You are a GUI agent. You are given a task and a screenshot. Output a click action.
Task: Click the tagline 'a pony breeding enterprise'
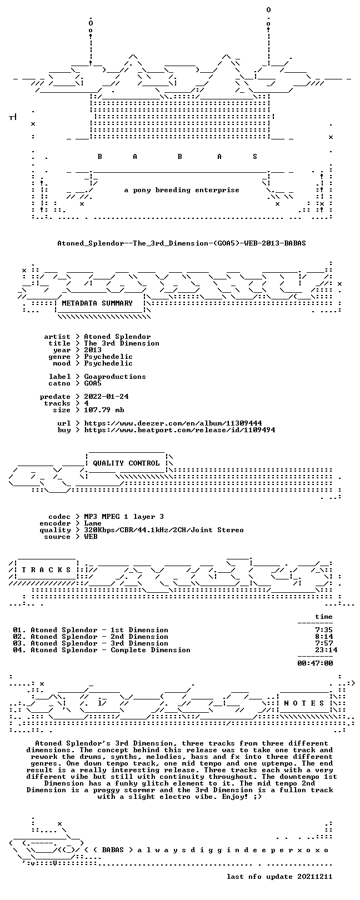click(182, 190)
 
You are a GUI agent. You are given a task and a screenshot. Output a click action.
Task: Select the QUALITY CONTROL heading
click(126, 463)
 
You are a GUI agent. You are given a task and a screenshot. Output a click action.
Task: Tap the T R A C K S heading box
click(46, 570)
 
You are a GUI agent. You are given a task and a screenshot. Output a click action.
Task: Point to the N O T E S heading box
click(304, 703)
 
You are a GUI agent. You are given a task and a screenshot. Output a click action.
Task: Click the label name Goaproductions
click(115, 377)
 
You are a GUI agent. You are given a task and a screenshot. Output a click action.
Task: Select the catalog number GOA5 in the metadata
click(93, 383)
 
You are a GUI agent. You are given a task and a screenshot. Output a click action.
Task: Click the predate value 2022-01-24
click(107, 397)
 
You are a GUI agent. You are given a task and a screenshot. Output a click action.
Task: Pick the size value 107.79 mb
click(104, 410)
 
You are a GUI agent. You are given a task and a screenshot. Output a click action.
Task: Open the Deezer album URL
click(173, 423)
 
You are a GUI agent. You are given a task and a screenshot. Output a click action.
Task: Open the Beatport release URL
click(179, 430)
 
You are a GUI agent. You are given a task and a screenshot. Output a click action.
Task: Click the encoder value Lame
click(93, 523)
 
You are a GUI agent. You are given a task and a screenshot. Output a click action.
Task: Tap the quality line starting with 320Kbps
click(164, 530)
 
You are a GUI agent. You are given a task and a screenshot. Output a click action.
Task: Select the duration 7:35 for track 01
click(324, 630)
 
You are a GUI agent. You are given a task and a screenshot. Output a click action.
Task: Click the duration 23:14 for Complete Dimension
click(326, 649)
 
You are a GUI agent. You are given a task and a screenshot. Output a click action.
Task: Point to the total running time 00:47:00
click(316, 663)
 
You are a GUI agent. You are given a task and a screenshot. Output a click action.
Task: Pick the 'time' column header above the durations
click(324, 617)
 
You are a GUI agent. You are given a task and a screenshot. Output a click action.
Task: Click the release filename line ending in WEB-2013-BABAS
click(182, 243)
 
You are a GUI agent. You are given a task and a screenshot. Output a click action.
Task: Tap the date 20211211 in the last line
click(316, 876)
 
